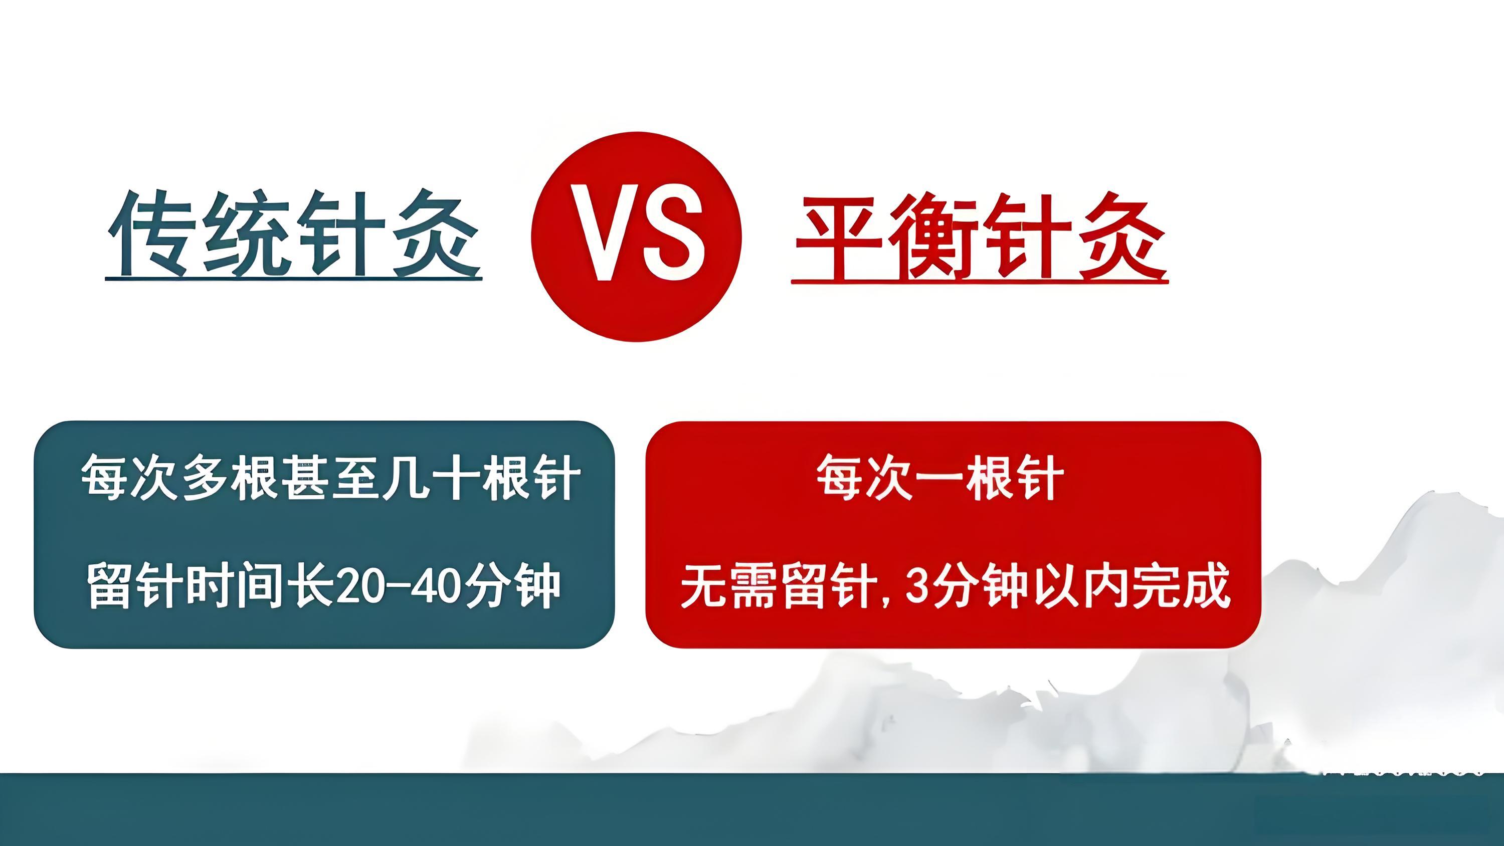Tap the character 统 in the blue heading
tap(248, 234)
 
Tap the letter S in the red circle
tap(671, 233)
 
